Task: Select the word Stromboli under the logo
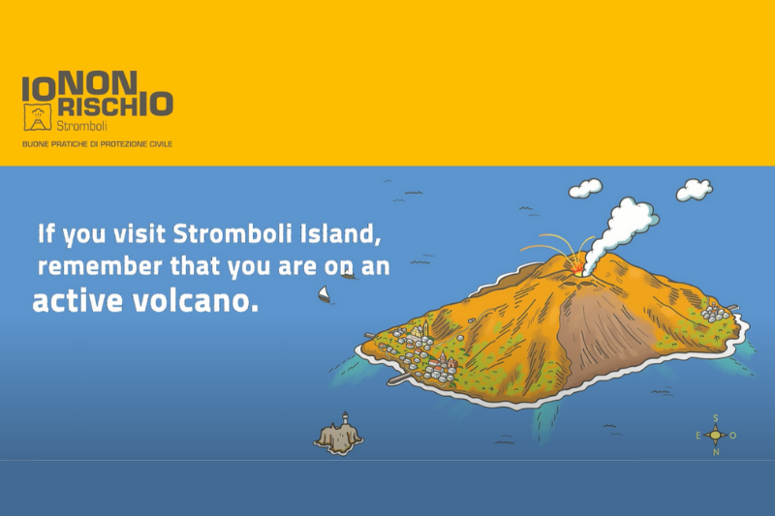(x=80, y=126)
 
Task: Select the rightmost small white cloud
(x=693, y=189)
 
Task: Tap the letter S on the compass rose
(x=716, y=418)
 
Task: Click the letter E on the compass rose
(x=698, y=436)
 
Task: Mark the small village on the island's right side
(x=717, y=313)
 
